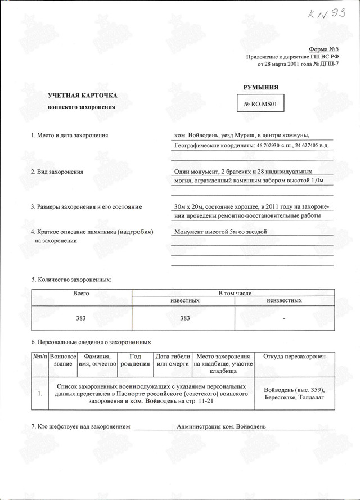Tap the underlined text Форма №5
(324, 51)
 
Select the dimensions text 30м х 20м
(192, 206)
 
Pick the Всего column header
(81, 294)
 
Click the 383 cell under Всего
(81, 318)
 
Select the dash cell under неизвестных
(285, 319)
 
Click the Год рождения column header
(135, 361)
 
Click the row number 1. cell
(39, 394)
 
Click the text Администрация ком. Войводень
(221, 426)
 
